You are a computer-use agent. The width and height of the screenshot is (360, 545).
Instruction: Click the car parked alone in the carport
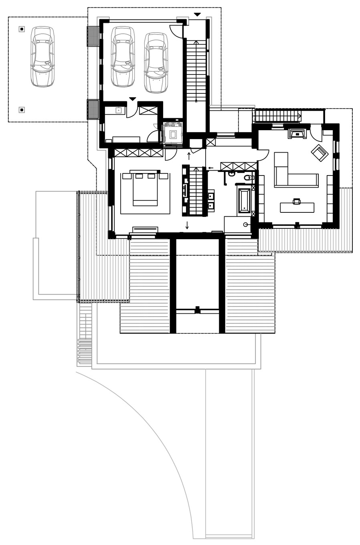[x=42, y=57]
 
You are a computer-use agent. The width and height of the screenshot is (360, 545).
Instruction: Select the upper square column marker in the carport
[x=22, y=29]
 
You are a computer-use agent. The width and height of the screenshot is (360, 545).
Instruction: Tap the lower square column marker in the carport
[x=22, y=110]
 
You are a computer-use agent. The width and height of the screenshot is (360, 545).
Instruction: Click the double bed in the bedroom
[x=145, y=189]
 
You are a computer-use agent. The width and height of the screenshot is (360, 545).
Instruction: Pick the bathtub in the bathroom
[x=244, y=200]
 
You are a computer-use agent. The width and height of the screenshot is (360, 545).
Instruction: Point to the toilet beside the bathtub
[x=249, y=178]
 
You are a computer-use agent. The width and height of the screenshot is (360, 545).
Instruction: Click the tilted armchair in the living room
[x=320, y=153]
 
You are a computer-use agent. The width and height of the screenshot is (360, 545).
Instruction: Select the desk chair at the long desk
[x=297, y=202]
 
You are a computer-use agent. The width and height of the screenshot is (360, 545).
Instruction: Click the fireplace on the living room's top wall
[x=297, y=133]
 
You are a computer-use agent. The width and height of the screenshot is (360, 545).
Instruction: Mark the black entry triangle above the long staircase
[x=197, y=15]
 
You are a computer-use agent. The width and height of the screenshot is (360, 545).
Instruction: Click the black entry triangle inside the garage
[x=133, y=99]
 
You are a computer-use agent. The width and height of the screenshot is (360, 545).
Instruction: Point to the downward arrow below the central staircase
[x=187, y=225]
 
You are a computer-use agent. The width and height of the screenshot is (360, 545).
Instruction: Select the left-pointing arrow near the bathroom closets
[x=211, y=168]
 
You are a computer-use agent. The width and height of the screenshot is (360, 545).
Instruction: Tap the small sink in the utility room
[x=119, y=110]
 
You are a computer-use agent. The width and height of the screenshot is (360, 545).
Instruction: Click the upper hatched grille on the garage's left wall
[x=93, y=36]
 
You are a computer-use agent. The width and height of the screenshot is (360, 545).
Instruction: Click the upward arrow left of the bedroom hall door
[x=188, y=155]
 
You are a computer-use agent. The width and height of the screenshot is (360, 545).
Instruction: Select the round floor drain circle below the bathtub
[x=245, y=224]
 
